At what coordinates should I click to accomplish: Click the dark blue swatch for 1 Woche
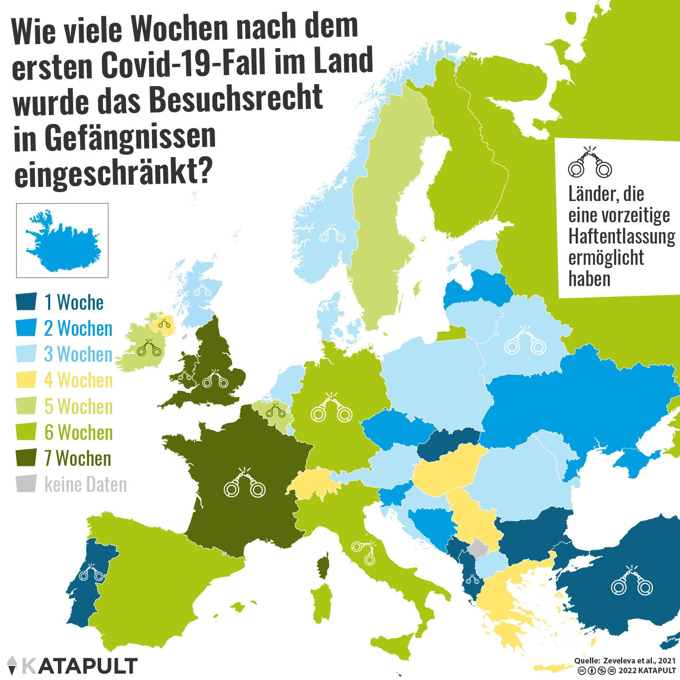[26, 302]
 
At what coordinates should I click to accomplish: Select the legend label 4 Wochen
[79, 380]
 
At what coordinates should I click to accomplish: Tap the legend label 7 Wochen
[78, 459]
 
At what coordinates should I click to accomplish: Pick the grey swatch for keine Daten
[26, 484]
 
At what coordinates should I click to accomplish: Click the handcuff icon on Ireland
[149, 348]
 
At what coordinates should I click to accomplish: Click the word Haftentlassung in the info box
[621, 237]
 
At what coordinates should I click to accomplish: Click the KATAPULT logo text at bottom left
[79, 666]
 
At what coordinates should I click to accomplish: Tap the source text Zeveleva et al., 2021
[639, 660]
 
